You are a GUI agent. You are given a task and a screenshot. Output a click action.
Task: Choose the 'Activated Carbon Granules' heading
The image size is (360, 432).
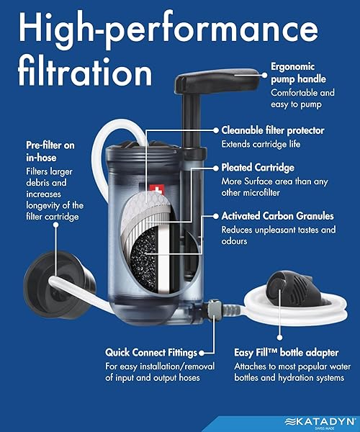(278, 215)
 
